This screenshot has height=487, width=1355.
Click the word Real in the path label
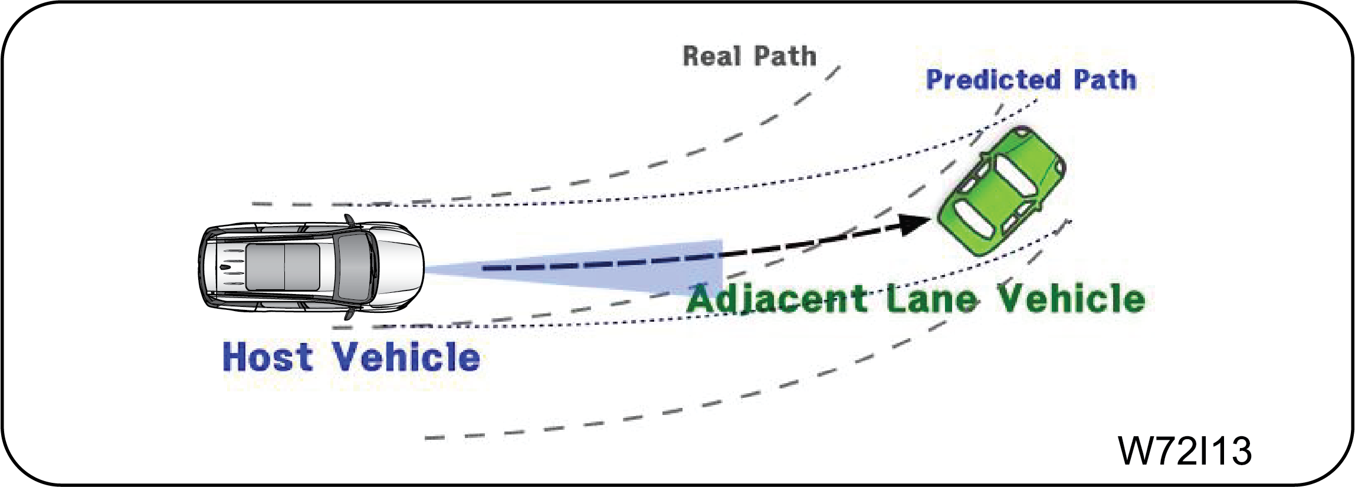click(x=712, y=57)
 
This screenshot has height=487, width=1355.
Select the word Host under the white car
click(x=268, y=357)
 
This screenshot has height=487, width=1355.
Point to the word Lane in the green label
click(x=932, y=299)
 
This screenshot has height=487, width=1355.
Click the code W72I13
click(x=1185, y=452)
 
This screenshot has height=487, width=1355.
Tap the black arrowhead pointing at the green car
click(x=914, y=224)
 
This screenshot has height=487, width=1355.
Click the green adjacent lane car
click(x=1002, y=191)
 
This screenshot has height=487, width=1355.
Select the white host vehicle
click(x=311, y=267)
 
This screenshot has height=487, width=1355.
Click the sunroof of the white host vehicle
click(x=283, y=267)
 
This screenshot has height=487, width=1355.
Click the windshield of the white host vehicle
click(x=355, y=267)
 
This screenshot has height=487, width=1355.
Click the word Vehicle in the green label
click(x=1071, y=299)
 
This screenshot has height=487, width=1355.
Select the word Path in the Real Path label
click(x=786, y=57)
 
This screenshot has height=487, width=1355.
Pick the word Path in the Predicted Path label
click(x=1105, y=80)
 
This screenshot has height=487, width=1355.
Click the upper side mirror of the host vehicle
click(x=350, y=221)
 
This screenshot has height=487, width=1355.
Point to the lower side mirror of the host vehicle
click(x=350, y=313)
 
